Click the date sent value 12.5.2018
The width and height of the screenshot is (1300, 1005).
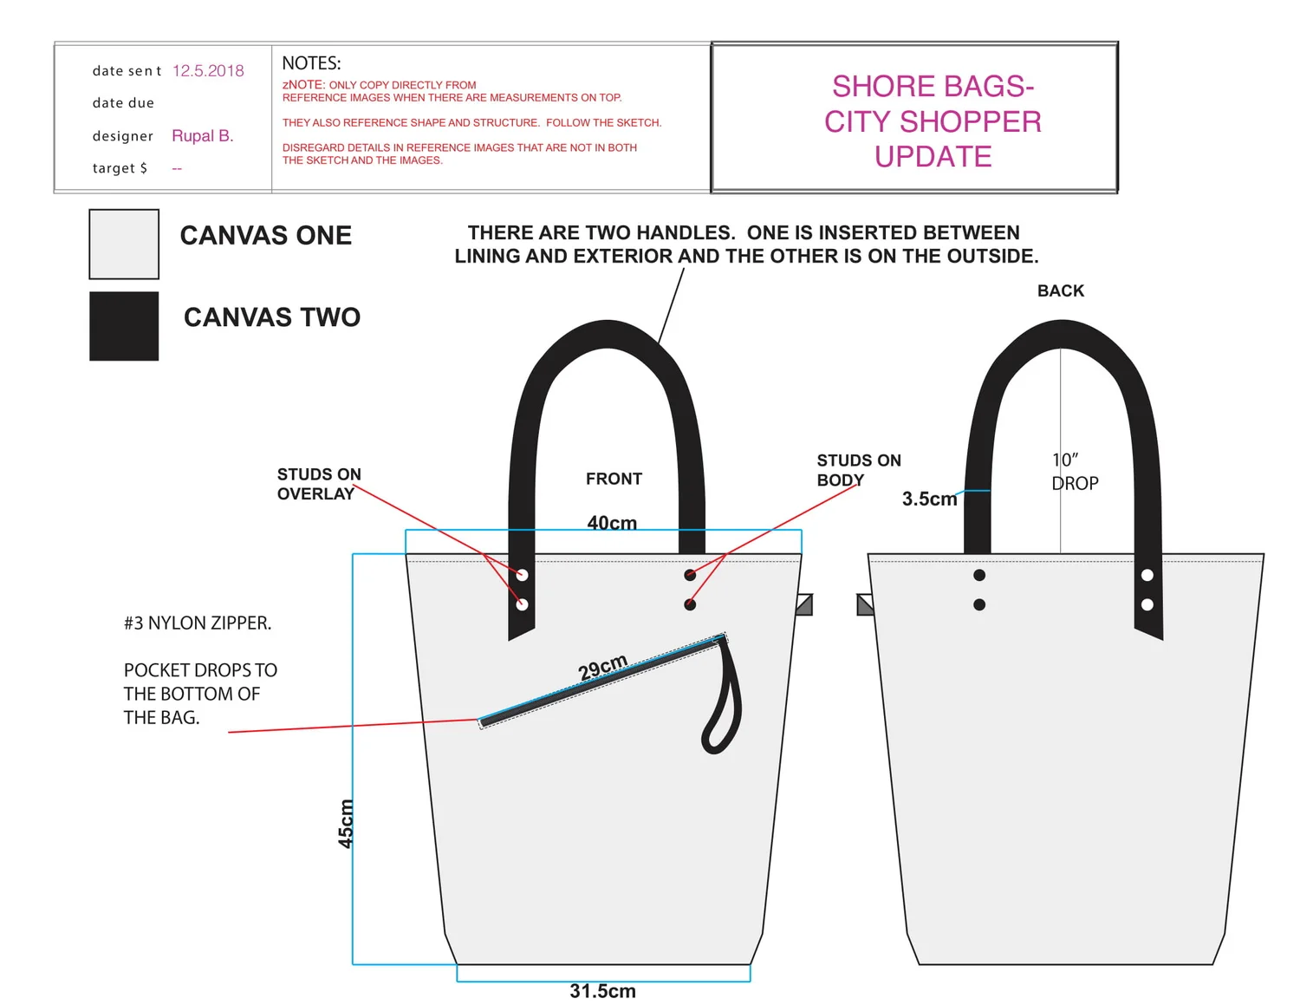pos(208,71)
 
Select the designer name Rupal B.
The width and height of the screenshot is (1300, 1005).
pos(203,136)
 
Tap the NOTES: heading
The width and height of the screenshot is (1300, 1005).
pos(311,63)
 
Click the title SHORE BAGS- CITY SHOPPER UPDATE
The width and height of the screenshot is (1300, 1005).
pos(933,121)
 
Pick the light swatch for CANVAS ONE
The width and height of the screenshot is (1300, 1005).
pos(124,244)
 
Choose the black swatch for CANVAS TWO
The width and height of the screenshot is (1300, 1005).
pos(124,326)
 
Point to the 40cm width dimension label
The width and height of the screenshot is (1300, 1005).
pos(612,523)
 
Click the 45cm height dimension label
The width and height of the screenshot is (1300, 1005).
pos(346,823)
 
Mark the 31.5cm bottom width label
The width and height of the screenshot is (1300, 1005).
pos(602,991)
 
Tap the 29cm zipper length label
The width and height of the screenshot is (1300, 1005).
pos(602,668)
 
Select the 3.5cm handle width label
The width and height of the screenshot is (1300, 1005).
pos(929,499)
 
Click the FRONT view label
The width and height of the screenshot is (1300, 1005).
pos(614,479)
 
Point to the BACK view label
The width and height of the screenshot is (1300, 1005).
pos(1061,291)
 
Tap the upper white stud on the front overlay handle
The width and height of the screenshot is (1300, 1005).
pos(522,575)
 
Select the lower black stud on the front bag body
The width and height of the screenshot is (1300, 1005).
pos(690,604)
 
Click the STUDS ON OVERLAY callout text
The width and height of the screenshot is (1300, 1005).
pos(319,484)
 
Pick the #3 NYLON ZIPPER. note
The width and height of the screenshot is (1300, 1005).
pos(198,623)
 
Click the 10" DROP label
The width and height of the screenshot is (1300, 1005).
pos(1075,472)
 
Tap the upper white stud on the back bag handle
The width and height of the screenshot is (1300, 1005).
pos(1147,575)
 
